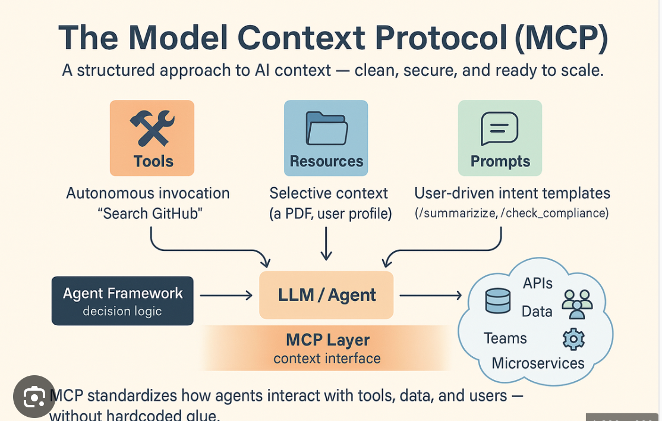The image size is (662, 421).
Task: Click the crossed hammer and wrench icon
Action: point(152,128)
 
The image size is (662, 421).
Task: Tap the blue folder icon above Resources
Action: point(326,128)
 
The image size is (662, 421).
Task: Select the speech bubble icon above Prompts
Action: point(500,128)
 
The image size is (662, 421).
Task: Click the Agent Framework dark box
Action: point(122,301)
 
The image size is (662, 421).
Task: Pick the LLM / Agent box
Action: point(326,296)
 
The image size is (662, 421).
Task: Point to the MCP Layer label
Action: point(327,341)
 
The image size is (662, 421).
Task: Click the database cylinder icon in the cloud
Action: point(497,301)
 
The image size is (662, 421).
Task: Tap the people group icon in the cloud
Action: point(577,304)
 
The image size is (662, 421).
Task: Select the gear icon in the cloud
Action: point(573,339)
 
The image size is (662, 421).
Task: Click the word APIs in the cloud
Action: point(538,284)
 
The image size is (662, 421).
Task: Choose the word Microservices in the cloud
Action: point(538,363)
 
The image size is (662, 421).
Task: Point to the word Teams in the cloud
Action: point(505,338)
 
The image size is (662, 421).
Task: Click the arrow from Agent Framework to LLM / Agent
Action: point(226,295)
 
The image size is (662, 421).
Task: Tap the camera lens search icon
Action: point(34,397)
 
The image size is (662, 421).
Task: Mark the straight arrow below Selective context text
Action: point(326,244)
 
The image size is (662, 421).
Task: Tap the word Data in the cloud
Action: point(537,312)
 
